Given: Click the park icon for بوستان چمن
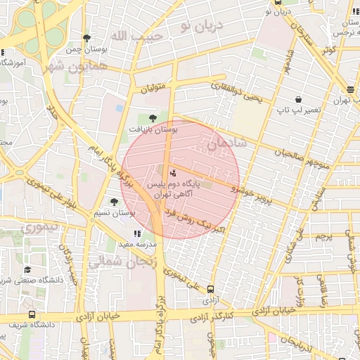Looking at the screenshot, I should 86,39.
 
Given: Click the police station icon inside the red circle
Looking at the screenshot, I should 173,172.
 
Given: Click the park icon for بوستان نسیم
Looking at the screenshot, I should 114,202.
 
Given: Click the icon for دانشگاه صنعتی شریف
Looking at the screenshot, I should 27,269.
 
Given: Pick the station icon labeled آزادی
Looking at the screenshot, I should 210,288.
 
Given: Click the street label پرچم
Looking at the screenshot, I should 324,237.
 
